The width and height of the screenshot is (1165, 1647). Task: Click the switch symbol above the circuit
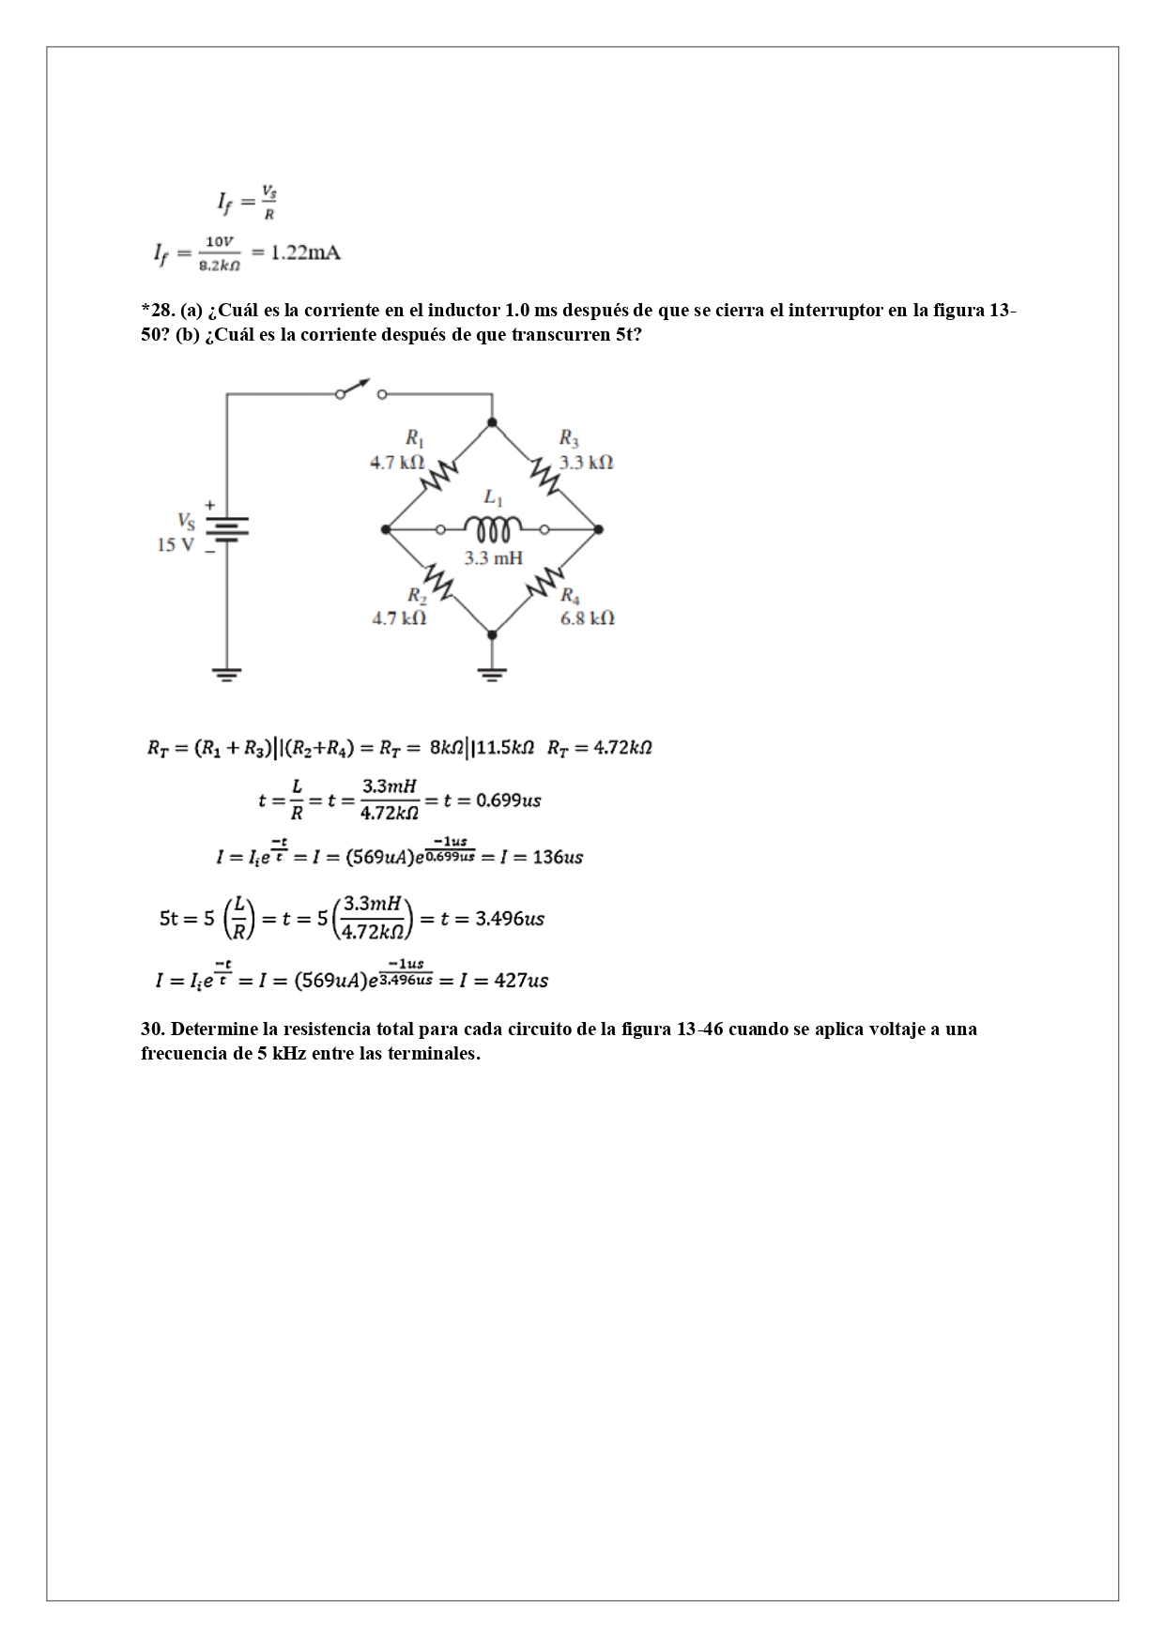[360, 390]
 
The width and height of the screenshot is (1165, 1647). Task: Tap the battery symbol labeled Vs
[226, 528]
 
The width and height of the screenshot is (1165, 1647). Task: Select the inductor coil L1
[493, 530]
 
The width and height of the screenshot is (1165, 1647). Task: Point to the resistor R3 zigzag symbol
[545, 475]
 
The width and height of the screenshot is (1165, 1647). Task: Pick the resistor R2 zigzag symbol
[437, 582]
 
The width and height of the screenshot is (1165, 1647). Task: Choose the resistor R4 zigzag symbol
[545, 583]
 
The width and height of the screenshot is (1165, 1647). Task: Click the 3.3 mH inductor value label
[493, 558]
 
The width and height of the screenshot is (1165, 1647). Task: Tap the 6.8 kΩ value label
[588, 618]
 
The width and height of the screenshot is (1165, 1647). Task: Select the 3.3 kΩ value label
[587, 462]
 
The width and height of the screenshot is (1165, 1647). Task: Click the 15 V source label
[176, 545]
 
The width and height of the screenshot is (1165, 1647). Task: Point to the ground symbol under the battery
[226, 674]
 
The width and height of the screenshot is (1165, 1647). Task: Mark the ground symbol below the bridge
[492, 674]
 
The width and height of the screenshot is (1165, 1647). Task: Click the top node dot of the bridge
[492, 422]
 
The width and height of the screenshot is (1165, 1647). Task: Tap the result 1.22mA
[306, 253]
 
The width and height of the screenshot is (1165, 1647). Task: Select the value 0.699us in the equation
[509, 801]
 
